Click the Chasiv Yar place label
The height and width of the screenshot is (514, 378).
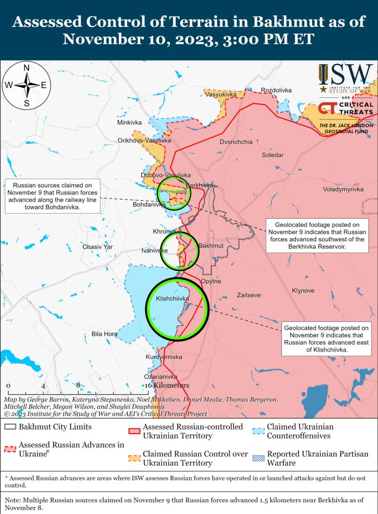[98, 247]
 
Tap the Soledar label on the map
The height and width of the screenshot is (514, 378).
[273, 155]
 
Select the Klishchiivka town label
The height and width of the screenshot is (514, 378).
[172, 299]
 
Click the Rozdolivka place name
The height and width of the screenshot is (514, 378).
[276, 90]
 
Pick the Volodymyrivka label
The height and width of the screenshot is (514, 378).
[344, 189]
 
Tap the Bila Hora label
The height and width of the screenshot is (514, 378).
[104, 334]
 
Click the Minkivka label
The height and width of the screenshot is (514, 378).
[129, 123]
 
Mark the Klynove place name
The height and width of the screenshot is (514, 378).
[303, 291]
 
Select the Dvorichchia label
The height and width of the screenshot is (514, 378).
[236, 142]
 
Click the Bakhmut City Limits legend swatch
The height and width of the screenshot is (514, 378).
[10, 427]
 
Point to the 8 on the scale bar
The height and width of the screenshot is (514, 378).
[78, 385]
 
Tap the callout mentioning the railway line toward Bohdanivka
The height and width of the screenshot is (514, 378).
[52, 196]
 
